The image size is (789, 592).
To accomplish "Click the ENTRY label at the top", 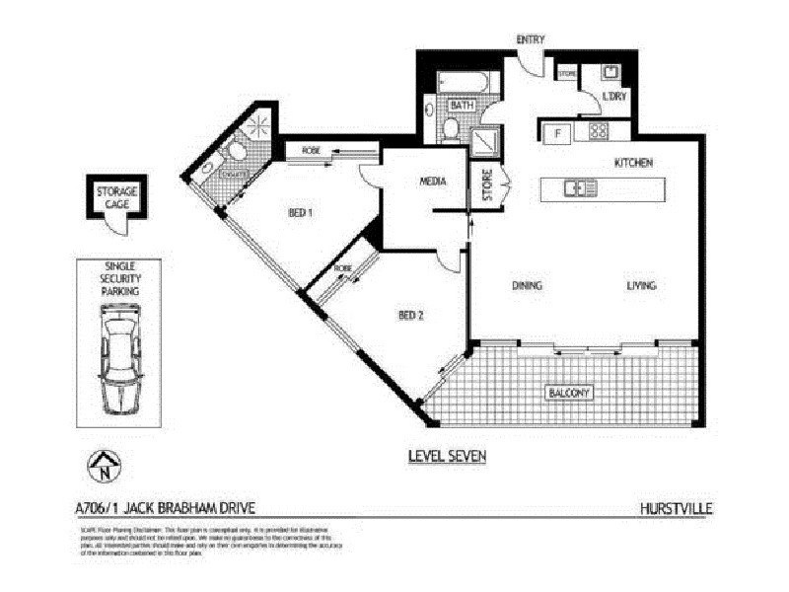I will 531,38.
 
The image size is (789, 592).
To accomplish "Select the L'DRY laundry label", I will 614,97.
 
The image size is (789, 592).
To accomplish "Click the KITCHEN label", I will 634,162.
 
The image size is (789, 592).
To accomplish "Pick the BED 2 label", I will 409,316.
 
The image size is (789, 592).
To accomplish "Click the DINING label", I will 528,286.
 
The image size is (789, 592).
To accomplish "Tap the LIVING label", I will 641,286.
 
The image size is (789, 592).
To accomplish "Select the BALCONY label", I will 569,394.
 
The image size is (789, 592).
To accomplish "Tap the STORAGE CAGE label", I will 116,196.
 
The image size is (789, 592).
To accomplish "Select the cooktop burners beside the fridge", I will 598,130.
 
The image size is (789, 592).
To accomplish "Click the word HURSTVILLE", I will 676,509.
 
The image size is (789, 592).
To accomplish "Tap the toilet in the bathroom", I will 449,128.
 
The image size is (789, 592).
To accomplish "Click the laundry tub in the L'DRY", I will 610,71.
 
